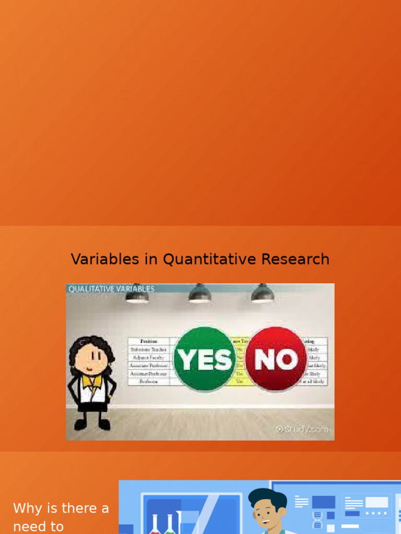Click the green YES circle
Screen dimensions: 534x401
[204, 359]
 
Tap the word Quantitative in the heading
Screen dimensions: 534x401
[190, 259]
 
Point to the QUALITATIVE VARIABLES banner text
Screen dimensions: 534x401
[112, 288]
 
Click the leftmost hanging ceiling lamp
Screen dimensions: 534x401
[137, 295]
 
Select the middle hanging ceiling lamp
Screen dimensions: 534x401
[199, 295]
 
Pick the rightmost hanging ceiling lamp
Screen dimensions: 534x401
[262, 295]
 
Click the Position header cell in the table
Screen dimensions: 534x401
[148, 341]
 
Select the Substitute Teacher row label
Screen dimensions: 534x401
[148, 349]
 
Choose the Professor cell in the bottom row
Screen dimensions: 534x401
[148, 382]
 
